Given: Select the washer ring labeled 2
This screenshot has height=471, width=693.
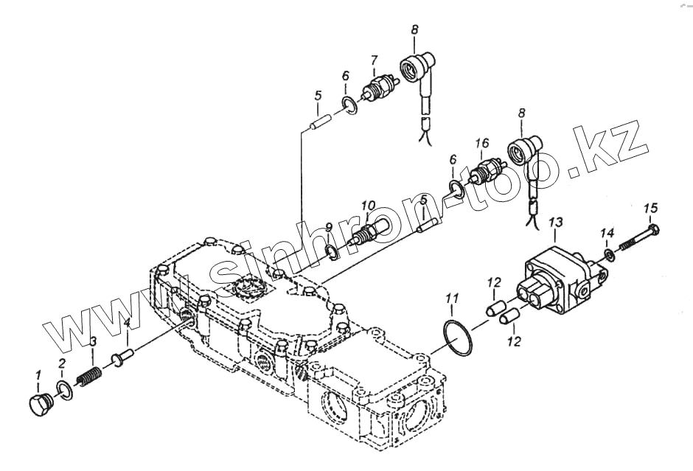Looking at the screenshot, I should coord(65,390).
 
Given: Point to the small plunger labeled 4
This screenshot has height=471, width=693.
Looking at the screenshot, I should coord(120,358).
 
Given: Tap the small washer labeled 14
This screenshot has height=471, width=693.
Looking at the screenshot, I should coord(610,255).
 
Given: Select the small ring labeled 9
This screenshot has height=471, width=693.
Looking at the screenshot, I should coord(332,253).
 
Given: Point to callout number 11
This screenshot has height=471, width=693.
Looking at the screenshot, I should coord(453,298).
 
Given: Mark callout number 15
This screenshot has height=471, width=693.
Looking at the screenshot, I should coord(650,208).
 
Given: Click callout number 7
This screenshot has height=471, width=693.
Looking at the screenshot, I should coord(374,60).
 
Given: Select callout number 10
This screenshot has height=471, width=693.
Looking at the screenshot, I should coord(368,205).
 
